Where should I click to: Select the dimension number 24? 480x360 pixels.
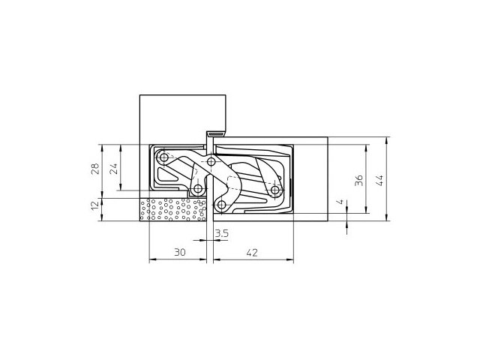tap(113, 168)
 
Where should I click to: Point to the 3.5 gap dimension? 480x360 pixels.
tap(221, 234)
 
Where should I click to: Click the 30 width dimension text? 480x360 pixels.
tap(179, 253)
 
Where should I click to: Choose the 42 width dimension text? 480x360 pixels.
tap(251, 253)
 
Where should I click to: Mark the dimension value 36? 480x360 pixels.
tap(359, 179)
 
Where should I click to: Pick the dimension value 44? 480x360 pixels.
tap(379, 179)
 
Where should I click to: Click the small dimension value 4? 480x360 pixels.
tap(340, 202)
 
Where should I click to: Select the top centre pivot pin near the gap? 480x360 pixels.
tap(212, 162)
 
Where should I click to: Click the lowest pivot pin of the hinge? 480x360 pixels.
tap(222, 205)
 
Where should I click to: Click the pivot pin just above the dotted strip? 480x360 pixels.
tap(198, 189)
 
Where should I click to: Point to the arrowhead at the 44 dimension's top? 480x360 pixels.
tap(387, 139)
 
